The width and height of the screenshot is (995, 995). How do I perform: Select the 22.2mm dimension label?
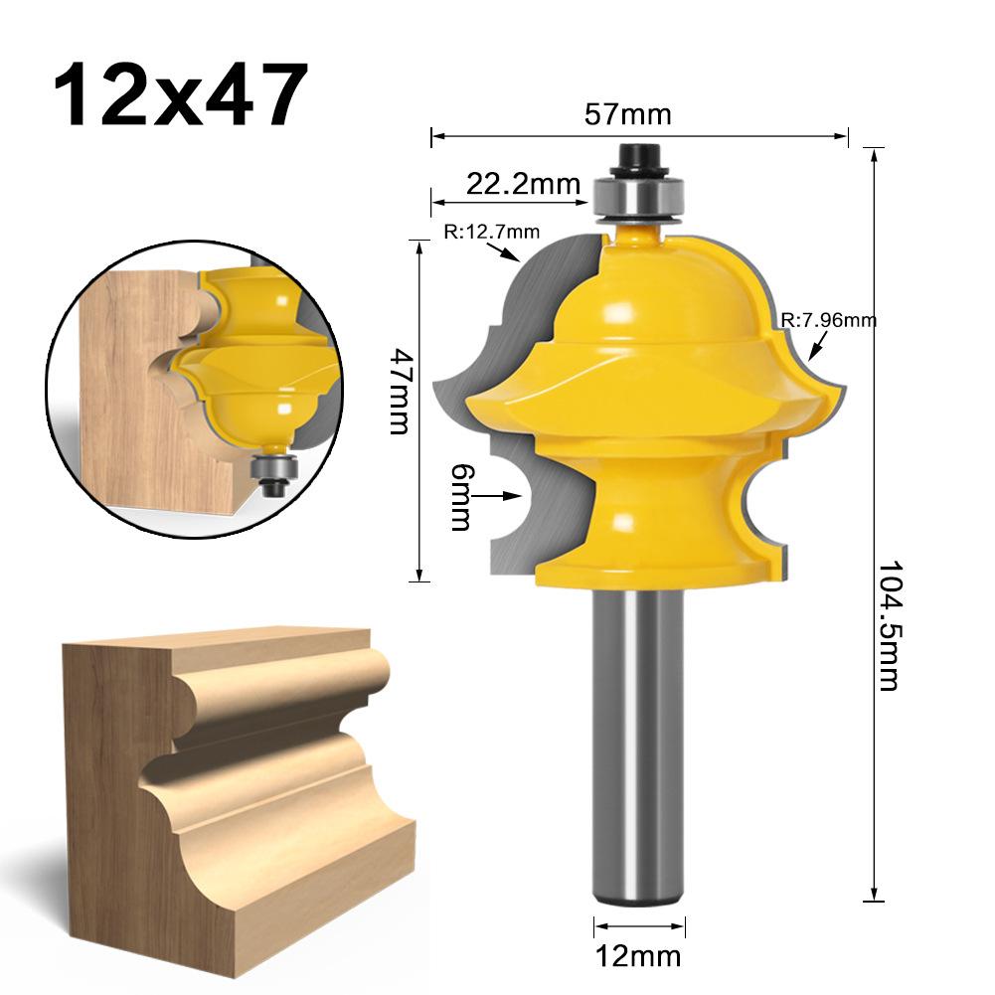pos(509,183)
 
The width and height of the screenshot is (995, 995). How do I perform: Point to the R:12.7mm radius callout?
pos(491,233)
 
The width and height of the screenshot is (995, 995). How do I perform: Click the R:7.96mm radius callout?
pos(828,320)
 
